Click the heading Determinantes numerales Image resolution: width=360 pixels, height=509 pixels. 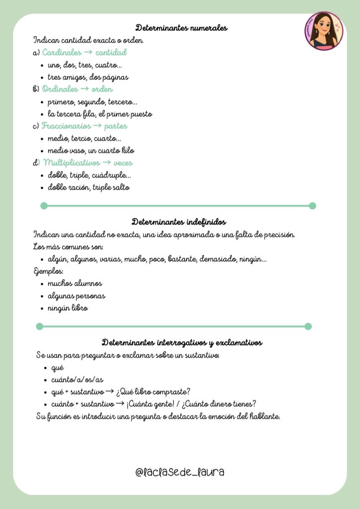(x=181, y=28)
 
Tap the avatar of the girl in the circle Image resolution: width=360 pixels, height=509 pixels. (x=324, y=31)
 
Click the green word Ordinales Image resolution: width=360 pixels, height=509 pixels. (x=60, y=89)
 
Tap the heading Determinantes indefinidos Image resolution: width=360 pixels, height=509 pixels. (x=179, y=222)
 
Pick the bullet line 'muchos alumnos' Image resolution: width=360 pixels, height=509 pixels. (x=75, y=283)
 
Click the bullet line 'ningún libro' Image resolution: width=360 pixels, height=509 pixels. (x=68, y=308)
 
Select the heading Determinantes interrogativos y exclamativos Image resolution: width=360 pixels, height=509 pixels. (x=182, y=342)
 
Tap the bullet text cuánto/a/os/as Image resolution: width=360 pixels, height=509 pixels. (x=77, y=379)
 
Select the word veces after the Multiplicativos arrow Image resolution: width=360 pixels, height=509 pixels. (x=123, y=163)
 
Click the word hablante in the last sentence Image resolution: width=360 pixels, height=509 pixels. (x=264, y=416)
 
